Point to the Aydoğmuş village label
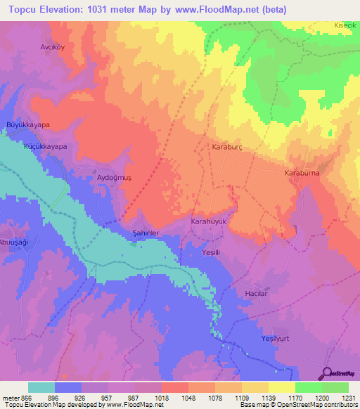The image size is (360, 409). (114, 178)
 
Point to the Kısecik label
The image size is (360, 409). (345, 25)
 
